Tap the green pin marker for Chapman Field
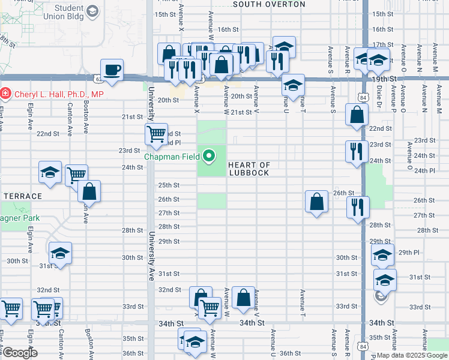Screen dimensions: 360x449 point(209,157)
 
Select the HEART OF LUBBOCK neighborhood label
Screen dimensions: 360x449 point(249,169)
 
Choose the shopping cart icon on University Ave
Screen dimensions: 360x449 point(156,135)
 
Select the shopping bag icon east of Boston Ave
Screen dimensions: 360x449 point(89,192)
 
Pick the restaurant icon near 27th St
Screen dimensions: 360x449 point(358,208)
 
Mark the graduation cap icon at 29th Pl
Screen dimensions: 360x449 point(382,254)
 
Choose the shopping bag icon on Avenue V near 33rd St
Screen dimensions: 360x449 point(243,298)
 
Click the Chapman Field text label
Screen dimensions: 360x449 point(173,157)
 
